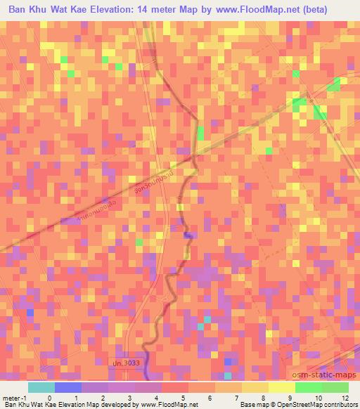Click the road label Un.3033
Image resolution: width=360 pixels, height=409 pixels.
click(127, 363)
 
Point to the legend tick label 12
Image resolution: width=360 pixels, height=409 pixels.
click(345, 396)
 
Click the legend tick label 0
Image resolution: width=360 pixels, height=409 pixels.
click(49, 396)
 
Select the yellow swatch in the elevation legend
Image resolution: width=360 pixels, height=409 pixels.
click(282, 387)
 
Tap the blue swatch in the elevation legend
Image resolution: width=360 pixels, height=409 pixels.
click(67, 387)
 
